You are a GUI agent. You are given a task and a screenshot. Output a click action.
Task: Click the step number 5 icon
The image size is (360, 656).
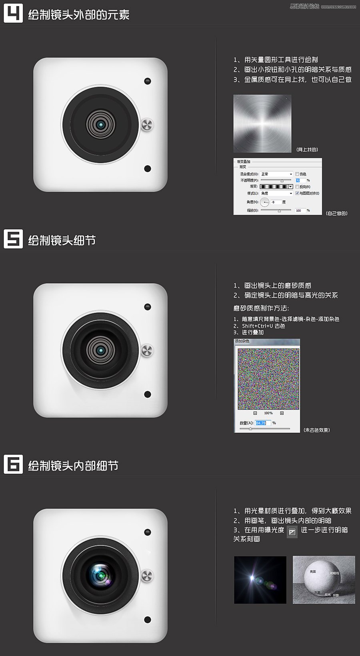click(13, 239)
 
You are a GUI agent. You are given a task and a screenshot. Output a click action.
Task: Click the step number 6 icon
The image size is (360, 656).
click(13, 464)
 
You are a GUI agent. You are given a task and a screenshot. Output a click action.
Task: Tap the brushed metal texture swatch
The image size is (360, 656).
click(262, 124)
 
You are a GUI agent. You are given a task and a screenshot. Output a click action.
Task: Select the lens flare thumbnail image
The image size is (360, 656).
click(260, 580)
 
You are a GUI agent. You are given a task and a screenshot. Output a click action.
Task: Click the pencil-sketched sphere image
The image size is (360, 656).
click(324, 580)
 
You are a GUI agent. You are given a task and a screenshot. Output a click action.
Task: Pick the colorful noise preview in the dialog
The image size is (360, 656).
click(268, 379)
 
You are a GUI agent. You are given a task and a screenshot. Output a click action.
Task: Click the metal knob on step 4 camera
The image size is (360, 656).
click(147, 125)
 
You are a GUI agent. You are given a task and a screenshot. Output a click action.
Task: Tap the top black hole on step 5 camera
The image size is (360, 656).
click(148, 307)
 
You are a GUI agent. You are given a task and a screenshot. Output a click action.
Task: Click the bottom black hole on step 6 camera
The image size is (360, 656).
click(148, 620)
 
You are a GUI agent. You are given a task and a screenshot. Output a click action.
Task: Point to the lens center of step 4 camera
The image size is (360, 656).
click(101, 125)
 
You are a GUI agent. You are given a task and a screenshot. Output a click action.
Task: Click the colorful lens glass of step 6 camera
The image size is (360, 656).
click(100, 575)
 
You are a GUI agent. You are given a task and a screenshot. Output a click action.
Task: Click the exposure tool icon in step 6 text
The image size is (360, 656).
click(292, 532)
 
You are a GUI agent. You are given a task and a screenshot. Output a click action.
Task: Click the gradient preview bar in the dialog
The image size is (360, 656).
click(274, 186)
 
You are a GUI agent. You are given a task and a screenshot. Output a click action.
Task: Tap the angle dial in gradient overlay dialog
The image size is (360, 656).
click(265, 202)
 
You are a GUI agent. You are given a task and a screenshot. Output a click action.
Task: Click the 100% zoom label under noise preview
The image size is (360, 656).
click(268, 413)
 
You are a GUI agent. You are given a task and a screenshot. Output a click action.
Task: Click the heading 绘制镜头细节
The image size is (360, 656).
click(62, 240)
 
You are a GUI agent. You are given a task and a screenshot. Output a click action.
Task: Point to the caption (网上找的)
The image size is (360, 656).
click(307, 150)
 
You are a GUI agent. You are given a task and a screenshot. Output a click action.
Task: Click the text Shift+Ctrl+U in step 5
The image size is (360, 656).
click(258, 326)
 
